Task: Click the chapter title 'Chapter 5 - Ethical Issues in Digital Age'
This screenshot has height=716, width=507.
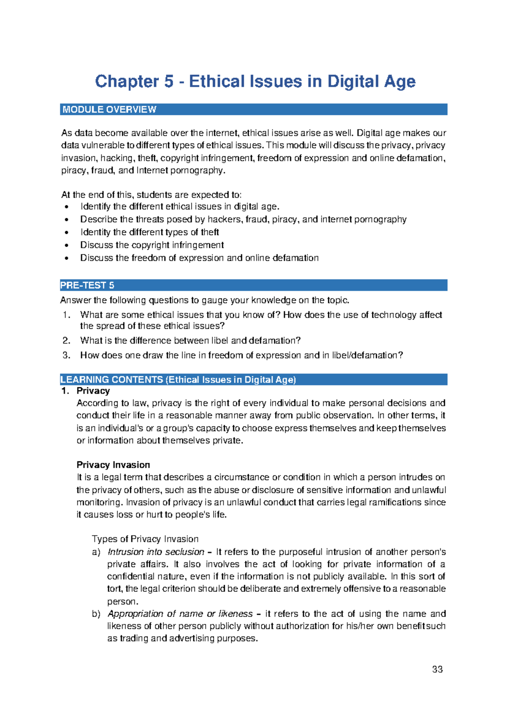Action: point(255,81)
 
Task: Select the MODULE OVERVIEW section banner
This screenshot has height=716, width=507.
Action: point(253,109)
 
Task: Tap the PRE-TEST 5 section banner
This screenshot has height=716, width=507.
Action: point(253,285)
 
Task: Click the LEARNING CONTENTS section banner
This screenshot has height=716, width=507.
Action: point(253,380)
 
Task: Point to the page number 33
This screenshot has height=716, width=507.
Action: point(437,669)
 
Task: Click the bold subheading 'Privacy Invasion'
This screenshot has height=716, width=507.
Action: point(113,465)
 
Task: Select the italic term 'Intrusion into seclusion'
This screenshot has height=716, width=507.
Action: point(156,552)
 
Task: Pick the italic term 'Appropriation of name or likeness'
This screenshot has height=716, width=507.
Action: point(180,613)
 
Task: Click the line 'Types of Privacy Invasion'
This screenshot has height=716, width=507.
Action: point(145,539)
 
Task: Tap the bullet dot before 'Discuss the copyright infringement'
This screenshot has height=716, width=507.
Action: point(66,245)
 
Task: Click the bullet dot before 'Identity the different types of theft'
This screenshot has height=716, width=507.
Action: point(66,233)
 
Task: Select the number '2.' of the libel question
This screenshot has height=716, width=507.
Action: point(66,341)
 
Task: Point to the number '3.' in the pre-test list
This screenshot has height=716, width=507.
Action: point(66,355)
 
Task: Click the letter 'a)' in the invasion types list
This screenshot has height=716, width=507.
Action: point(96,552)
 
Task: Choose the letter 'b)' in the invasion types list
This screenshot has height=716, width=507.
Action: point(96,614)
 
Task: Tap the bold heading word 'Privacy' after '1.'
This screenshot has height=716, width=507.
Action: point(93,391)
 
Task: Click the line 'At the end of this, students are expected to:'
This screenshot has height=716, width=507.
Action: point(151,195)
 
